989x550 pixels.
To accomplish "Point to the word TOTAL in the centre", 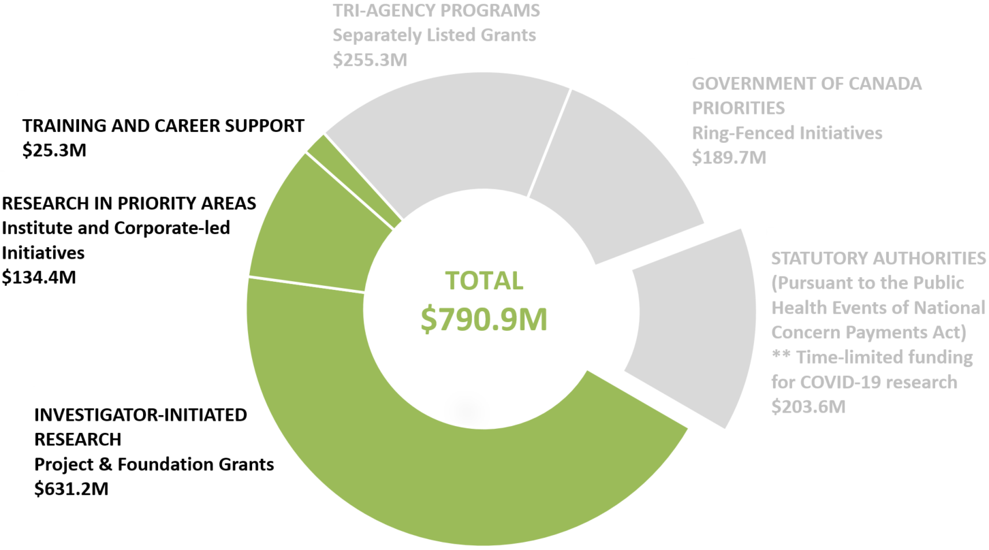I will coord(484,280).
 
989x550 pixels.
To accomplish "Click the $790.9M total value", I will coord(484,319).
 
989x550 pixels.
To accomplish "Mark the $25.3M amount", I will coord(54,150).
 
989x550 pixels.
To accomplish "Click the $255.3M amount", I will coord(370,59).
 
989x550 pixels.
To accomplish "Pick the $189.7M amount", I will coord(729,157).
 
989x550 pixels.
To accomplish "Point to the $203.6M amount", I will coord(808,406).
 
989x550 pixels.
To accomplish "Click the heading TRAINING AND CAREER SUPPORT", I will coord(163,126).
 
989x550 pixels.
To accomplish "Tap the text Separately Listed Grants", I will coord(434,35).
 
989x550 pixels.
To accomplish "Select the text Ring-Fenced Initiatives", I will coord(787,133).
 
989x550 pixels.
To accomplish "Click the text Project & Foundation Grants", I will coord(155,464).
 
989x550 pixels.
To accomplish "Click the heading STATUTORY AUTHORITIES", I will coord(879,259).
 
